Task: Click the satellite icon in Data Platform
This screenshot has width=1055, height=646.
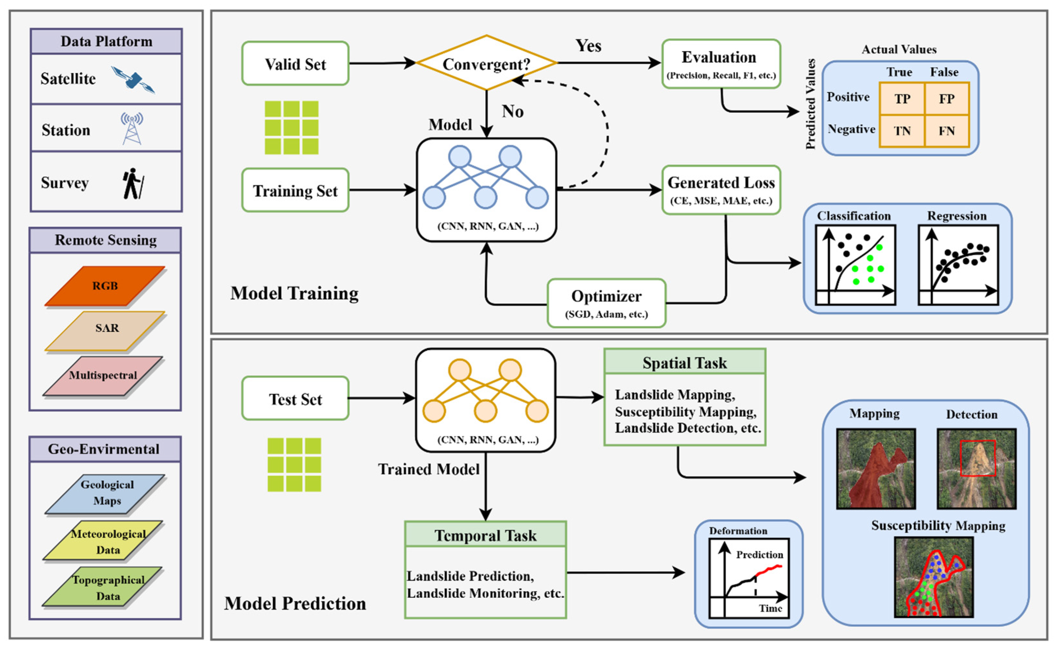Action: pos(133,79)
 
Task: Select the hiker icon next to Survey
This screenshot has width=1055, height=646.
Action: pos(133,183)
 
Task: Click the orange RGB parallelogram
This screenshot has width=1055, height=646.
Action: pos(105,286)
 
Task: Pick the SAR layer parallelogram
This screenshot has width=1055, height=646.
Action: pos(105,331)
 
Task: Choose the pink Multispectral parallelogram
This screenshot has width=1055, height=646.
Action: pos(103,376)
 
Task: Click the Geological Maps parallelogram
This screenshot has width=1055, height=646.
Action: pos(105,493)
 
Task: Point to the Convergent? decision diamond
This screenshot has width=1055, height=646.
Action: pos(486,63)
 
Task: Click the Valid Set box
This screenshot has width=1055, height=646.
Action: pos(295,63)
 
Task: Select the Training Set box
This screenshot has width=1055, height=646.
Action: pos(295,190)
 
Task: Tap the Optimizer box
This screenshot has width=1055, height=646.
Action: pos(606,303)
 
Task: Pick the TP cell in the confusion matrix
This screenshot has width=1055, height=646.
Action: pos(902,99)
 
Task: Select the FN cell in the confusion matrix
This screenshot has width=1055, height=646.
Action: pos(947,131)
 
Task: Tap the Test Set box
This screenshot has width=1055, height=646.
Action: pos(295,398)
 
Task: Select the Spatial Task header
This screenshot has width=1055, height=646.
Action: pos(684,362)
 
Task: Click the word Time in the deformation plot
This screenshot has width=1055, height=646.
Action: pos(770,608)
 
